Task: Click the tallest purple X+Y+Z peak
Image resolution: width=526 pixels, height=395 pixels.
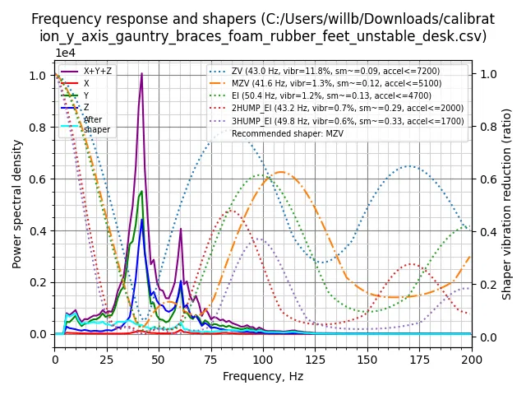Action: click(x=141, y=74)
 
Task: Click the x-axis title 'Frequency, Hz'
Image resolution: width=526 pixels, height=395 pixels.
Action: click(x=263, y=377)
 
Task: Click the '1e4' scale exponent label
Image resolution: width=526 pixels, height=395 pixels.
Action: click(x=66, y=53)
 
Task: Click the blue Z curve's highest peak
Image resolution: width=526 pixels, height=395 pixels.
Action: click(x=141, y=219)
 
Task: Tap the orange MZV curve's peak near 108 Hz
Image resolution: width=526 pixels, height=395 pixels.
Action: click(x=280, y=172)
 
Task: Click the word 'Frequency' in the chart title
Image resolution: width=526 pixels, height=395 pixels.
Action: click(x=64, y=18)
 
